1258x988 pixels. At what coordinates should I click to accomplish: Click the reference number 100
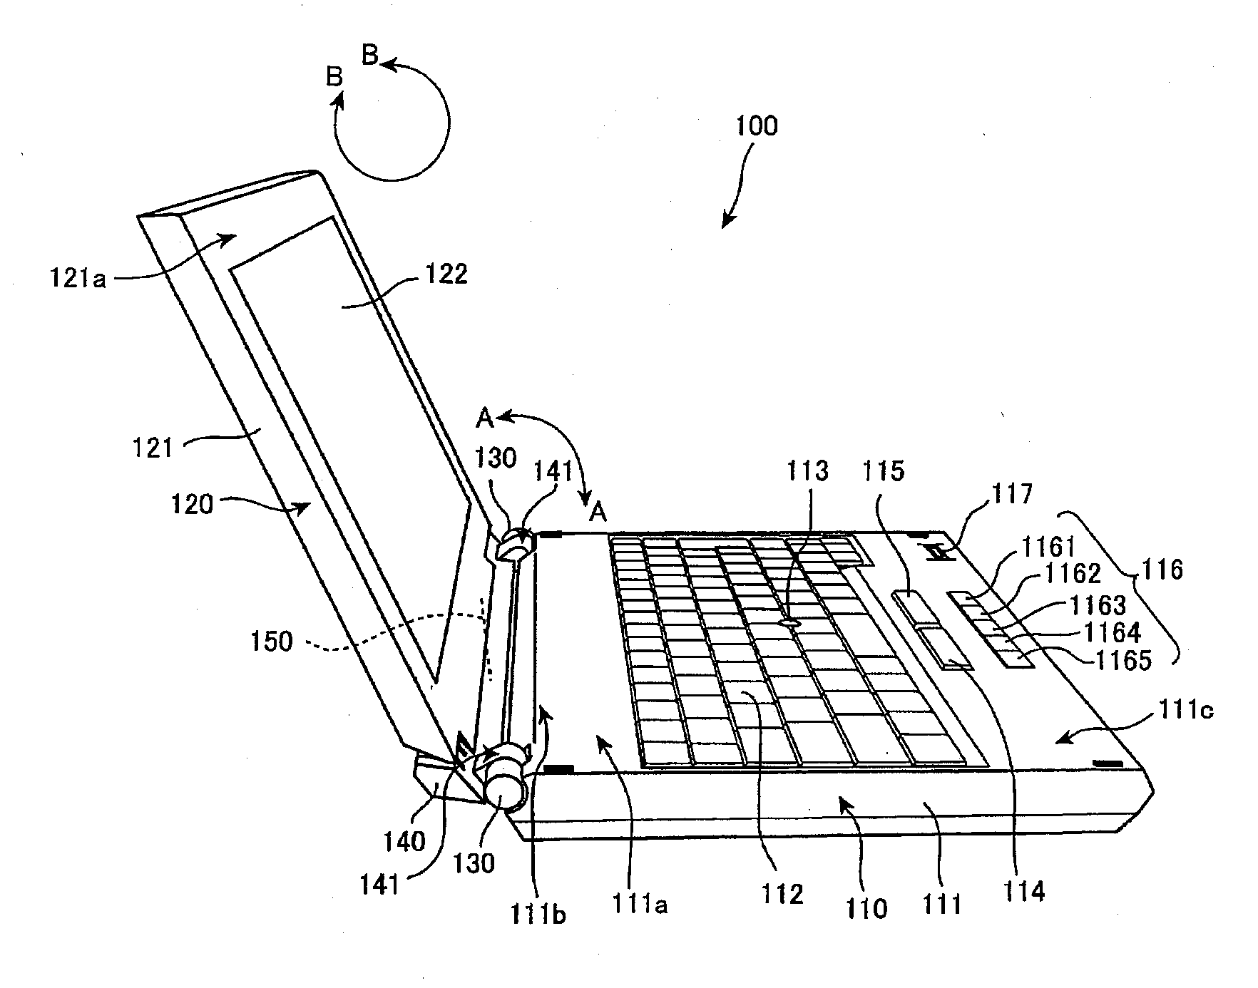[757, 127]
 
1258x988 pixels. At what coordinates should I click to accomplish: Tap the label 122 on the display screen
[446, 274]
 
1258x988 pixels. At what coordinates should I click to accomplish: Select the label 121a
[78, 276]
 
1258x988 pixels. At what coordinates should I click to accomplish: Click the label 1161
[1048, 547]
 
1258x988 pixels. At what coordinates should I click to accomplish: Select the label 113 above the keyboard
[808, 471]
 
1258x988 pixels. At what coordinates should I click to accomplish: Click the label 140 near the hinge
[404, 842]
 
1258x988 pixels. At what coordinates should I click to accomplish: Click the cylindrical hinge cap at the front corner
[505, 788]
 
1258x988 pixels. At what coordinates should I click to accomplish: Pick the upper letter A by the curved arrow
[485, 418]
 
